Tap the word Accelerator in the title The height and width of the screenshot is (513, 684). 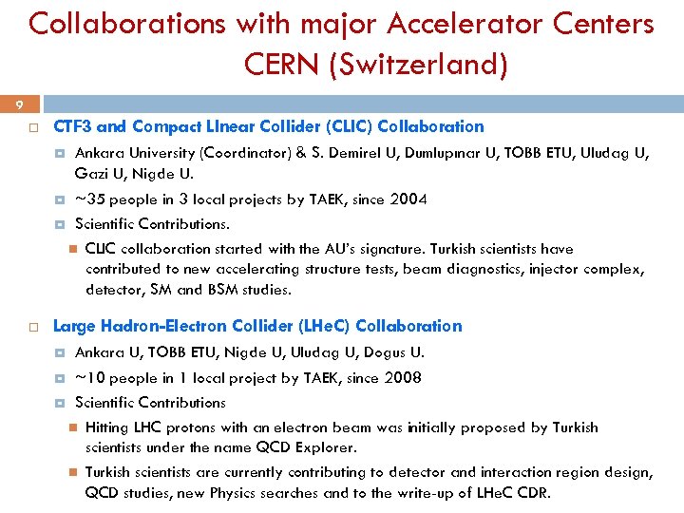[x=458, y=23]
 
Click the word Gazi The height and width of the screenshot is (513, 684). [x=92, y=173]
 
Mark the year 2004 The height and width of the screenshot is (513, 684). [x=408, y=199]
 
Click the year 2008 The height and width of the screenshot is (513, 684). [x=402, y=378]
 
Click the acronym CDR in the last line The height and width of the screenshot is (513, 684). [x=531, y=493]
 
